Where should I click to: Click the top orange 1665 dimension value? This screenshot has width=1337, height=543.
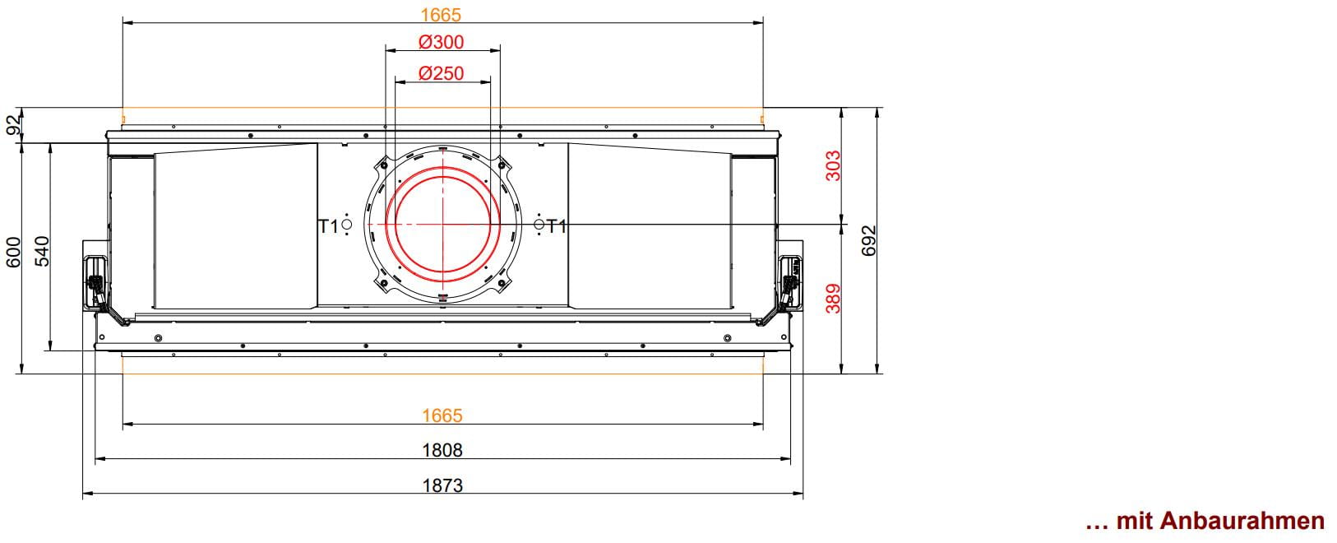[441, 14]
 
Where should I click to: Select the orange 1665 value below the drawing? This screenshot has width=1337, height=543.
[442, 415]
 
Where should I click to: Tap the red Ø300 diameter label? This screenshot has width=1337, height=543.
[441, 42]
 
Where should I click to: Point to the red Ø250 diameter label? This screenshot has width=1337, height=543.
[441, 73]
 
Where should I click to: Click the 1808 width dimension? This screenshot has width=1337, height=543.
[442, 450]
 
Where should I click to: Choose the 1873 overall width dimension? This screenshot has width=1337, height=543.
[443, 485]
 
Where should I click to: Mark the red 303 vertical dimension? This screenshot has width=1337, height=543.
[833, 165]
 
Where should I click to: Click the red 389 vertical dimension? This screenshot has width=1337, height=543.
[833, 298]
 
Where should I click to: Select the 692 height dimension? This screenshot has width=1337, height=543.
[869, 240]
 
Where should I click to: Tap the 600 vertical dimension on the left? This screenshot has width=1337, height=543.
[13, 252]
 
